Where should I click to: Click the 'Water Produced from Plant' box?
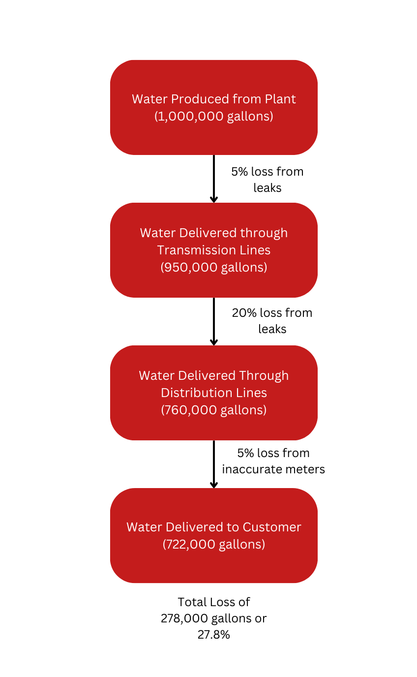[x=213, y=107]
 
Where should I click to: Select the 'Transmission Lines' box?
[x=213, y=250]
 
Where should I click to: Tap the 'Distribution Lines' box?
[x=213, y=393]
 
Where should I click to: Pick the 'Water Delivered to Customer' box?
[x=213, y=535]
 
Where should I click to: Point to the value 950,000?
[x=190, y=268]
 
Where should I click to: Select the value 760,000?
[x=190, y=410]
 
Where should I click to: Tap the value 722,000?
[x=190, y=544]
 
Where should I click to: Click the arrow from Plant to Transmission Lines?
[x=213, y=179]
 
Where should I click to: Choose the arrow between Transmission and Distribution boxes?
[x=213, y=321]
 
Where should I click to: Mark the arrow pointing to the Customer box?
[x=213, y=464]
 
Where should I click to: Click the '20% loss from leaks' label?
[x=272, y=321]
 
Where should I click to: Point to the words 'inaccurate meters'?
[x=273, y=469]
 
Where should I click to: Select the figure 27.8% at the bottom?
[x=213, y=634]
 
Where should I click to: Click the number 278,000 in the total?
[x=184, y=618]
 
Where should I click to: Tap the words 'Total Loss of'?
[x=213, y=602]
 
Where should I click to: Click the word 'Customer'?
[x=272, y=527]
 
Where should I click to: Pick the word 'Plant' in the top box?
[x=280, y=99]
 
